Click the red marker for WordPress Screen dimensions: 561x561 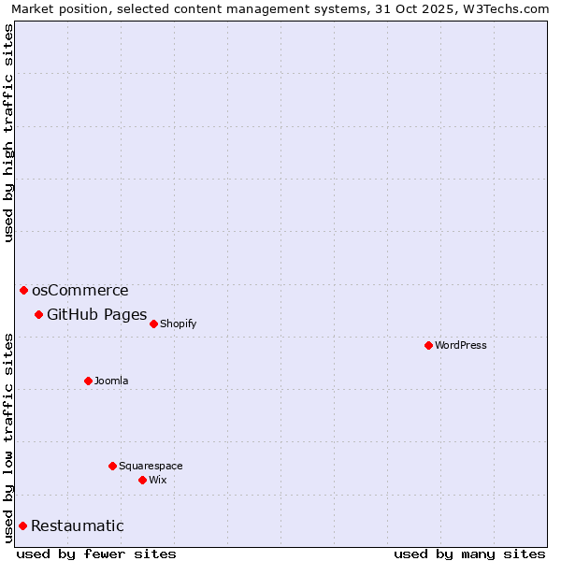pyautogui.click(x=428, y=345)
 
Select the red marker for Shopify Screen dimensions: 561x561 pyautogui.click(x=153, y=324)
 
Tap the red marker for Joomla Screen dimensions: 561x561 pyautogui.click(x=88, y=381)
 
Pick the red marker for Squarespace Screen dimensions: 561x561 pyautogui.click(x=112, y=466)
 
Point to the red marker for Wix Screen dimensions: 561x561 pyautogui.click(x=142, y=480)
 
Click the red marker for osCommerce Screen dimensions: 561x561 pyautogui.click(x=23, y=290)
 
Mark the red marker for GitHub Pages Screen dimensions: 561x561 pyautogui.click(x=38, y=314)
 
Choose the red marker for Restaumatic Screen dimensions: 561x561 pyautogui.click(x=22, y=525)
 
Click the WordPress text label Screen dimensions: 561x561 pyautogui.click(x=461, y=345)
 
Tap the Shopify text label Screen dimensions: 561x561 pyautogui.click(x=178, y=324)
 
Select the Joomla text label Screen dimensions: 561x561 pyautogui.click(x=111, y=381)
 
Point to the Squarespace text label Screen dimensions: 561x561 pyautogui.click(x=151, y=466)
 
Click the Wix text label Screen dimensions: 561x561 pyautogui.click(x=157, y=480)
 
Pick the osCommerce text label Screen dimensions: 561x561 pyautogui.click(x=79, y=290)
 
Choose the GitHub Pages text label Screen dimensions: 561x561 pyautogui.click(x=96, y=314)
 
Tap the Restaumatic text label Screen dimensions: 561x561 pyautogui.click(x=77, y=525)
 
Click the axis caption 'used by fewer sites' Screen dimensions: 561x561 pyautogui.click(x=96, y=554)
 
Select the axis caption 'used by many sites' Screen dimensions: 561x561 pyautogui.click(x=469, y=554)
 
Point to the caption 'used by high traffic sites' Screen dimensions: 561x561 pyautogui.click(x=9, y=133)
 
